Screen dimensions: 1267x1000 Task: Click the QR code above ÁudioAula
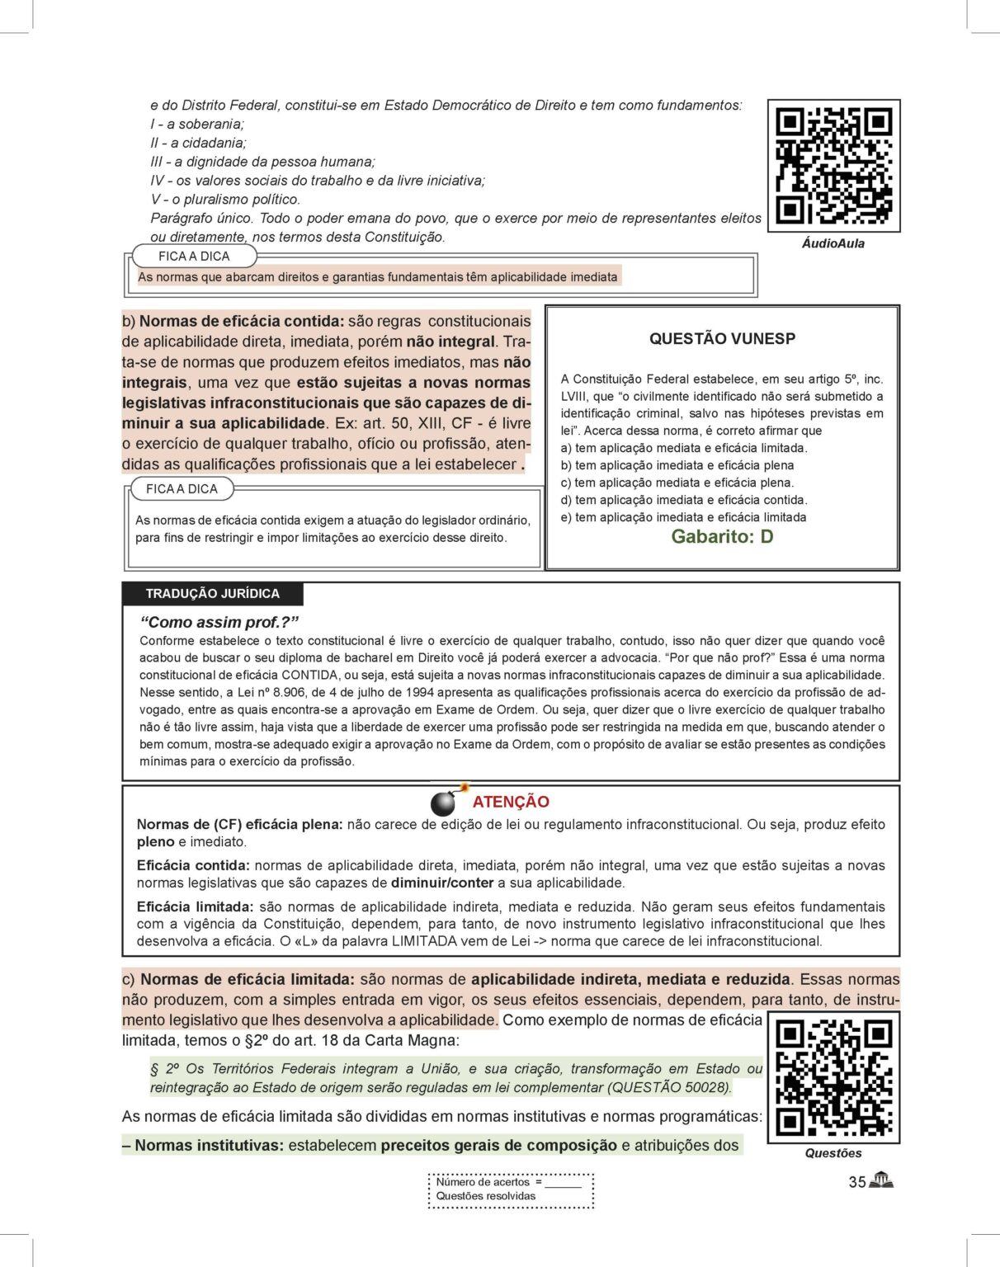[833, 166]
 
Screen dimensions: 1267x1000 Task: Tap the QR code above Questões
[833, 1077]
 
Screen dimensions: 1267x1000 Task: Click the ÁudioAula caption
[833, 244]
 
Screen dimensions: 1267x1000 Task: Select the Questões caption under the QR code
[833, 1153]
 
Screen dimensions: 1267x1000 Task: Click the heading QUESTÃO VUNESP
[722, 339]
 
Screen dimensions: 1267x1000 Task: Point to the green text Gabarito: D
[722, 537]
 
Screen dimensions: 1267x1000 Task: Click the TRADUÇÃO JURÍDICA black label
[212, 594]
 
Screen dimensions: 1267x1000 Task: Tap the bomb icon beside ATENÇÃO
[446, 801]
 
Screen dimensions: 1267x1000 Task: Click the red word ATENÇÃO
[511, 802]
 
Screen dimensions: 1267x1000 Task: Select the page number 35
[856, 1182]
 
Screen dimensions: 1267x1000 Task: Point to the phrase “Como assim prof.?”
[219, 622]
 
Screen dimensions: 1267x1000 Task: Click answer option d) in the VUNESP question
[683, 500]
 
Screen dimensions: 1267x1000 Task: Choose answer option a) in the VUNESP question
[683, 448]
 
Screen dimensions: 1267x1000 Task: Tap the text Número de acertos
[483, 1182]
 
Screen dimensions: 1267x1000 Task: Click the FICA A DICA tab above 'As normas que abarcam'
[194, 257]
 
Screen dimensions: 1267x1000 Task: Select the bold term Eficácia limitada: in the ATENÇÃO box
[195, 907]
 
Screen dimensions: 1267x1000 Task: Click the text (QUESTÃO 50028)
[669, 1087]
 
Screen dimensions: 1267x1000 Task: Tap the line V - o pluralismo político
[225, 200]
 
